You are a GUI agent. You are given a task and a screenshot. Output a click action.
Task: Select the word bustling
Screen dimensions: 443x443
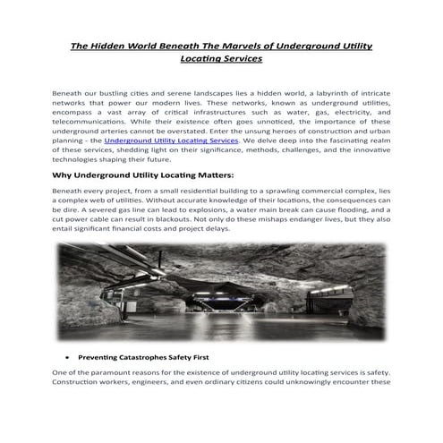pyautogui.click(x=137, y=93)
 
